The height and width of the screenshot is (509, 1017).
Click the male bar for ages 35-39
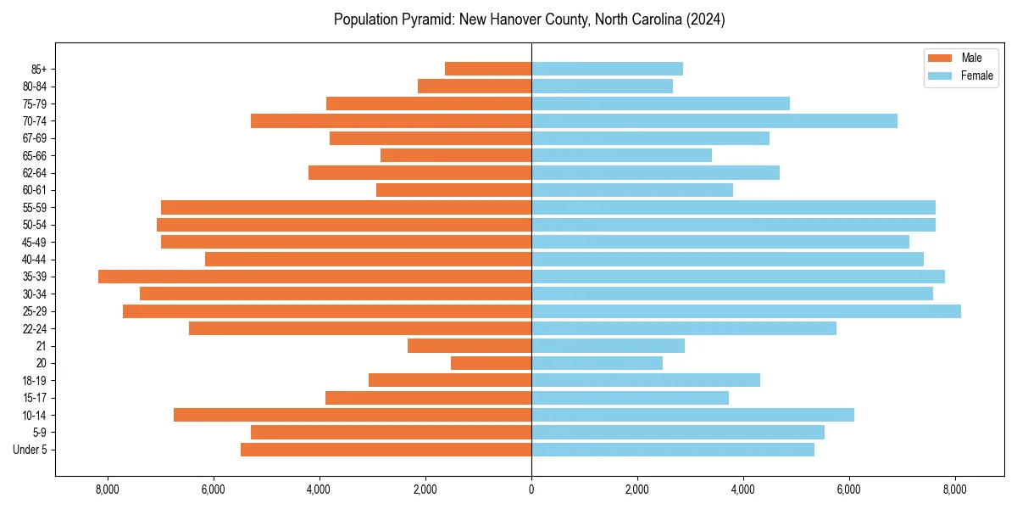click(314, 277)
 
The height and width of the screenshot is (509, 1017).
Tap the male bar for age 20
click(491, 363)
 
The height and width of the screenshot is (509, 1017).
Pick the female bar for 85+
click(607, 69)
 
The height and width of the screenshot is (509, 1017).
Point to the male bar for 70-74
click(391, 120)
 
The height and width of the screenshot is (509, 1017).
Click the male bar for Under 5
click(386, 450)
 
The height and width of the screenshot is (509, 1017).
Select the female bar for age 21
click(608, 346)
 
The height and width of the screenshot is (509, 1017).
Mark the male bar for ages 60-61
click(453, 190)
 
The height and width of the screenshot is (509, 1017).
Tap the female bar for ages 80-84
click(602, 86)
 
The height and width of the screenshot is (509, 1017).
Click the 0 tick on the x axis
click(531, 489)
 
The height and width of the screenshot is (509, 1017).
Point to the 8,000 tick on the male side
click(107, 489)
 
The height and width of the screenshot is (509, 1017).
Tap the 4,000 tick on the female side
click(743, 489)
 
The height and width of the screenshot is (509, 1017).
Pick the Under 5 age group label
click(30, 450)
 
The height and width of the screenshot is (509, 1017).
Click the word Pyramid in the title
click(430, 20)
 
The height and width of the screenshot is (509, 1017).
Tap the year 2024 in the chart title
click(707, 20)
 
